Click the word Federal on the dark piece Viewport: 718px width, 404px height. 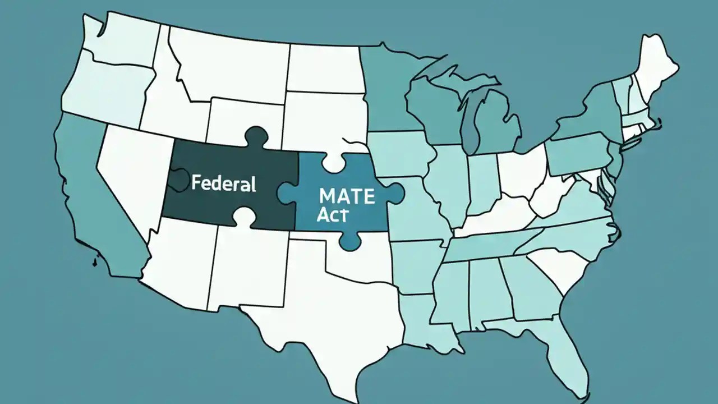tap(223, 183)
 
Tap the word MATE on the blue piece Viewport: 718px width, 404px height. tap(339, 196)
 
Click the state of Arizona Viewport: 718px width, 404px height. tap(179, 258)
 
